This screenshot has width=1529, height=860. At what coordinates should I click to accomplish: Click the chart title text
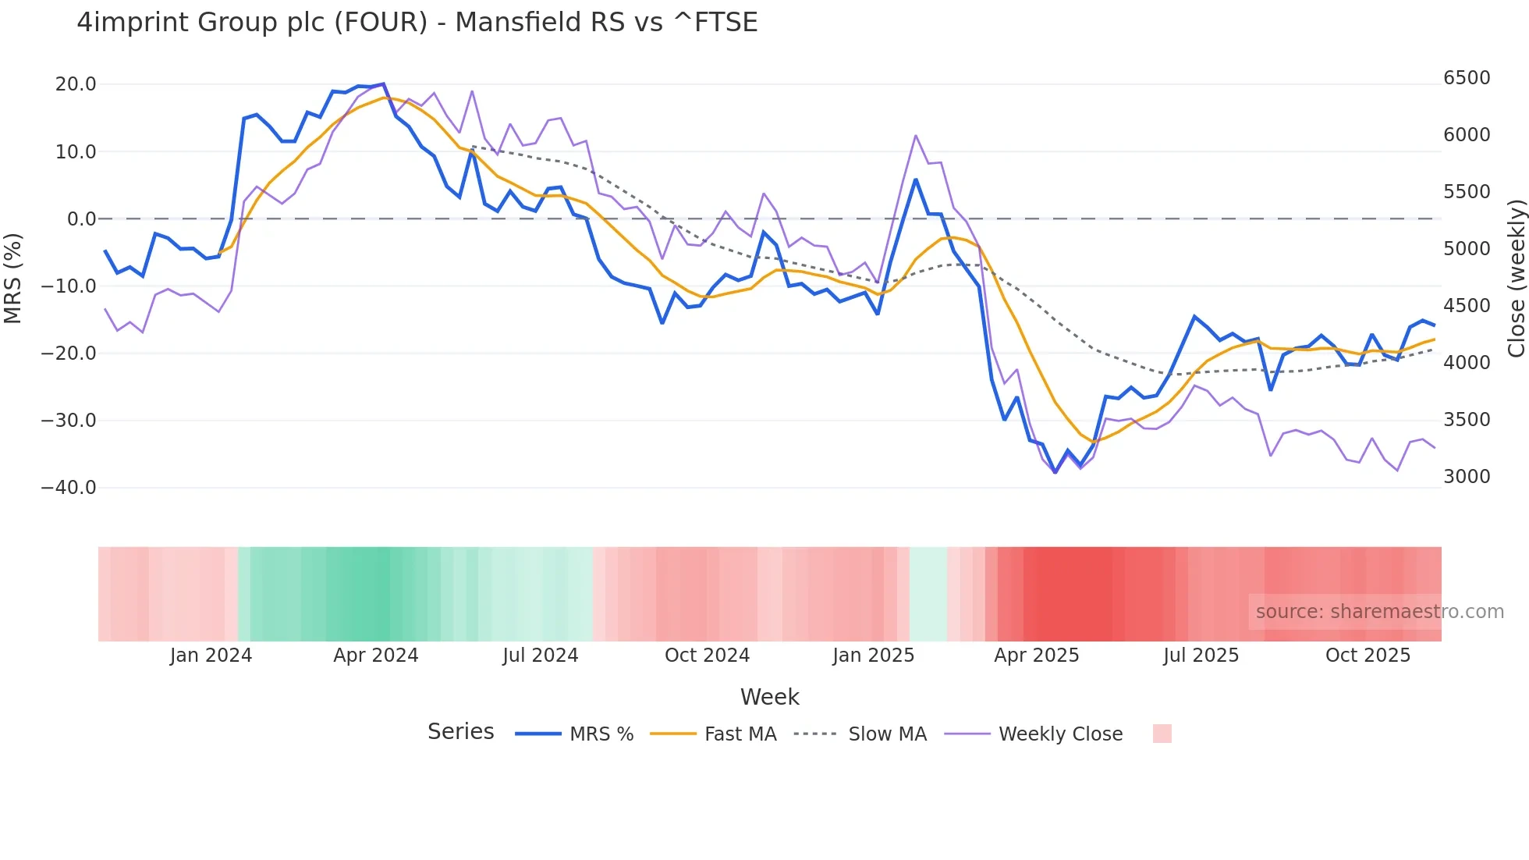point(417,23)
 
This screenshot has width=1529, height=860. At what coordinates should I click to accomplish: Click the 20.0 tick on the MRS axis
point(76,84)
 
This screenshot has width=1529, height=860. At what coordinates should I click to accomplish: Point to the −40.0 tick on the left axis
point(69,488)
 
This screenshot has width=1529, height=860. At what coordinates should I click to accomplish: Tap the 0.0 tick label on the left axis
point(81,219)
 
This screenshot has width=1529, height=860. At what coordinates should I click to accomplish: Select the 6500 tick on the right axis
point(1467,78)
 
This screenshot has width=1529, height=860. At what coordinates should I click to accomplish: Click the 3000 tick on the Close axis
point(1467,477)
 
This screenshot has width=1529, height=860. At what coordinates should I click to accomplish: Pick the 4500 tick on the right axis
point(1467,306)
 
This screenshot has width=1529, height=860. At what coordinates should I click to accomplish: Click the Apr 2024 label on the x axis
point(375,656)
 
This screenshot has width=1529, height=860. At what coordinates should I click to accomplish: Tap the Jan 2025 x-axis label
point(873,656)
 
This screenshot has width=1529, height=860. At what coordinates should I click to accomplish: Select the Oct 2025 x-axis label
point(1368,656)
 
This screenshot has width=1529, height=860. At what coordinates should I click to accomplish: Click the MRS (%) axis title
point(13,278)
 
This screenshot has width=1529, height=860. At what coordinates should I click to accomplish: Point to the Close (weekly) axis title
point(1516,278)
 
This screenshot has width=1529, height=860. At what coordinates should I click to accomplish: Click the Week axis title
point(769,697)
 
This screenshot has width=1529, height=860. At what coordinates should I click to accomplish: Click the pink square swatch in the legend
point(1162,734)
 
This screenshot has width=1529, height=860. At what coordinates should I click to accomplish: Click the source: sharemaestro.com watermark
point(1379,612)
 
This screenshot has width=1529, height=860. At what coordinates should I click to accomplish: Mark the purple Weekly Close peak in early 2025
point(916,136)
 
